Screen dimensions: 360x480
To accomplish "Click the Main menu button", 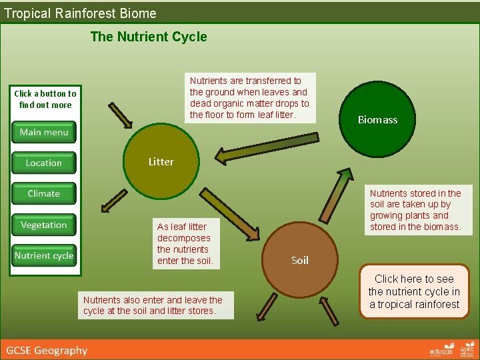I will [44, 132].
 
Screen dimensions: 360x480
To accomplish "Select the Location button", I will [44, 163].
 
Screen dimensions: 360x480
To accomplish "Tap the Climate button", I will [44, 193].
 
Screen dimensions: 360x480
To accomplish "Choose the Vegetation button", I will [44, 225].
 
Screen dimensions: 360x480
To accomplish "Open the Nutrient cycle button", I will [44, 255].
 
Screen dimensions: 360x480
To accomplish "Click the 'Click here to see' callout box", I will [414, 291].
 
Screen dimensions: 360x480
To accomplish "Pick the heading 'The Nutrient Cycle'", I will [149, 37].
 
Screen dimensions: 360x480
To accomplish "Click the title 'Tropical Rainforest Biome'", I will [80, 13].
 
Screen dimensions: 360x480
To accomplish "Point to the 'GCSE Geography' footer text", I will [47, 350].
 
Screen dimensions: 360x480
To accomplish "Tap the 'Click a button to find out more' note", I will [45, 99].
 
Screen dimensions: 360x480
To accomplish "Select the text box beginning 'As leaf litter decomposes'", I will [185, 243].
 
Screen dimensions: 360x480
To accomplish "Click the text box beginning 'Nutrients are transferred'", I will [249, 98].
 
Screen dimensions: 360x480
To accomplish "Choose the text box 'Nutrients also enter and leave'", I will [156, 305].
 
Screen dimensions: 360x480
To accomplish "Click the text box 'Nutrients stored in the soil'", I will [415, 210].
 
